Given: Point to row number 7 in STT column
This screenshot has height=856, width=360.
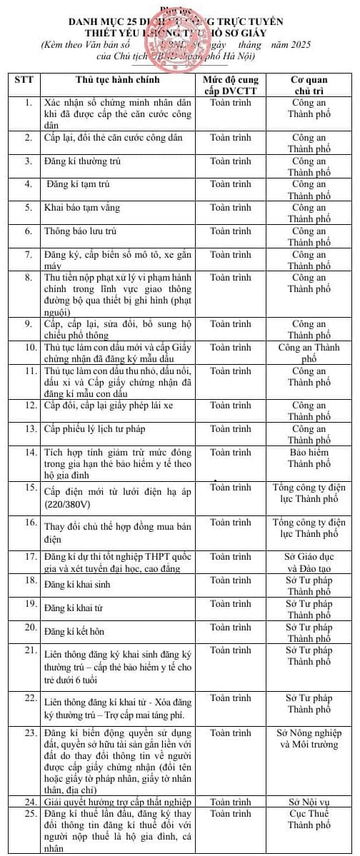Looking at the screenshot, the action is (28, 254).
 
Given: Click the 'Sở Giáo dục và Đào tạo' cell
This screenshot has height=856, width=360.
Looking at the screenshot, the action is (309, 562).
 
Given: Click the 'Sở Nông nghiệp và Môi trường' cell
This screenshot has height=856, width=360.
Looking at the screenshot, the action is (309, 738).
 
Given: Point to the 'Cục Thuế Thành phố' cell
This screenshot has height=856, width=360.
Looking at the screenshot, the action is (309, 819).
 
